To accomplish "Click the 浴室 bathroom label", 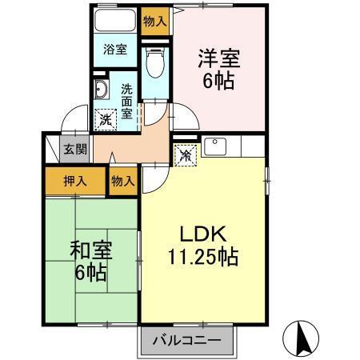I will click(114, 49).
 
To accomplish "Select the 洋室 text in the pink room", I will click(218, 59).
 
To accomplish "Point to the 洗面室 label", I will click(127, 101).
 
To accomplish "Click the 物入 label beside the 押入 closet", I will click(123, 182).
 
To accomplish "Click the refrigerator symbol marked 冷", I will click(183, 153).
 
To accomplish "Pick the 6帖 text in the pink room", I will click(218, 81).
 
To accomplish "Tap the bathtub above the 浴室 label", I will click(114, 22).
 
